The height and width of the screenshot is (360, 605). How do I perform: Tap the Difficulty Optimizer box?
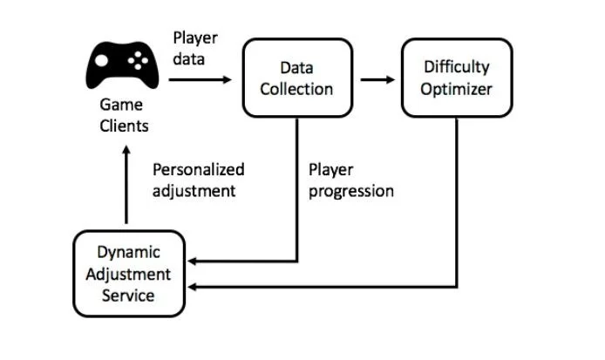(457, 78)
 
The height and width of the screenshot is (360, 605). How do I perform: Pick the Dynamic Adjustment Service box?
(128, 274)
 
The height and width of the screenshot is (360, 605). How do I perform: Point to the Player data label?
(195, 49)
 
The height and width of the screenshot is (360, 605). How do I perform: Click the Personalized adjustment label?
(199, 180)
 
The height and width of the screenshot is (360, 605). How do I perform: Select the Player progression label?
(351, 180)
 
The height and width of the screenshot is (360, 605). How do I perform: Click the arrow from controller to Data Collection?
(201, 79)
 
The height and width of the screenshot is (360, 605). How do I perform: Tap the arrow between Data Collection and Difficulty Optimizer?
(376, 79)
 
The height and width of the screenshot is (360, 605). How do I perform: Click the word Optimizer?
(457, 89)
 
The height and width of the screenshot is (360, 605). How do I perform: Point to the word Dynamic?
(128, 253)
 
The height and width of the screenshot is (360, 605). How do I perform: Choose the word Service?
(128, 295)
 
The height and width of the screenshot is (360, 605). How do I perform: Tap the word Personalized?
(199, 170)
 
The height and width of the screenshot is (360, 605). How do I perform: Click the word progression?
(351, 191)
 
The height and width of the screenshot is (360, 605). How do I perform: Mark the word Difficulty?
(457, 67)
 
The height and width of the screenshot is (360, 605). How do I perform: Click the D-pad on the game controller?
(103, 62)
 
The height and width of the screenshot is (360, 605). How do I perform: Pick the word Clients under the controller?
(124, 126)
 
